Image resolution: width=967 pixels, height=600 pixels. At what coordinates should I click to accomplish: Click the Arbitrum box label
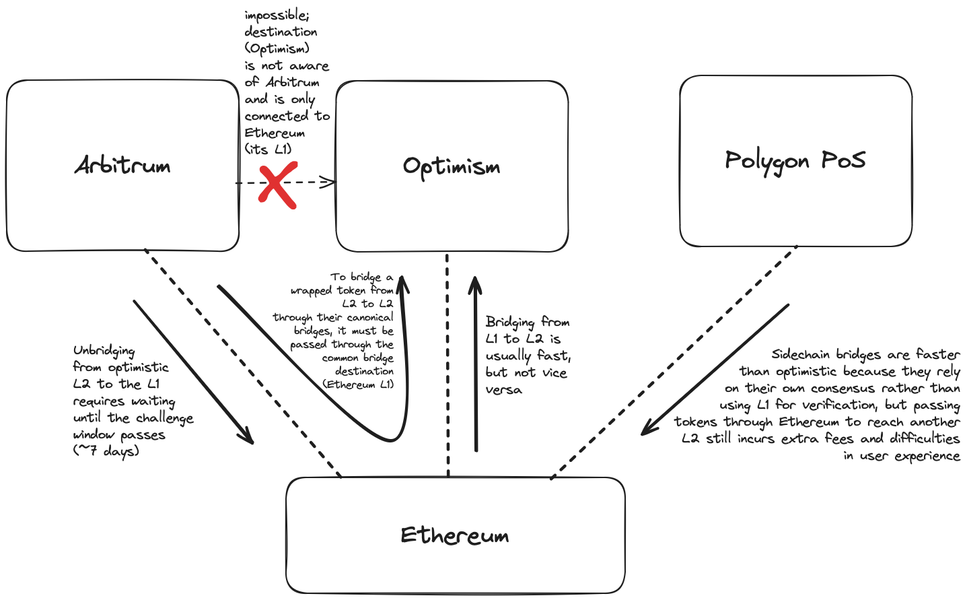point(122,166)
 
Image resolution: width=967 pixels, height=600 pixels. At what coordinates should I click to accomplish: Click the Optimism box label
point(452,167)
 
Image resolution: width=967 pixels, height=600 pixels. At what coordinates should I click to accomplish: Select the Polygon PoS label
point(795,161)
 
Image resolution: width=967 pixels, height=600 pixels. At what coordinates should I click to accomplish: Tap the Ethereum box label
point(455,535)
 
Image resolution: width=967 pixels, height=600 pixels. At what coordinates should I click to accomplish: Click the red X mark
point(277,184)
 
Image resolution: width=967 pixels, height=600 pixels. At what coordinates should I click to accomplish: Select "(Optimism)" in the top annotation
point(277,48)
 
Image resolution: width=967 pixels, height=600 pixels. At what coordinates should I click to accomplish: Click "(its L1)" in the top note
point(268,149)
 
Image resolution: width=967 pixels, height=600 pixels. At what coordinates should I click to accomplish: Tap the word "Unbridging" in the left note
point(104,351)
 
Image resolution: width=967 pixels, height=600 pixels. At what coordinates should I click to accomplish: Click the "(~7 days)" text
point(106,451)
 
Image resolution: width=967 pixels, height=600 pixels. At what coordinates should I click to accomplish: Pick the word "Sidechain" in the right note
point(801,354)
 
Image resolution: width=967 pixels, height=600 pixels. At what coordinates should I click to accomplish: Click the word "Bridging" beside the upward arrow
point(510,322)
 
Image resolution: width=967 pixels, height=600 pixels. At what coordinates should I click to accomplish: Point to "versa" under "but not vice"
point(503,390)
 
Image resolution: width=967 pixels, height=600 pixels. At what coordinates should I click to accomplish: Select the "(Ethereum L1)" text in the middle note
point(358,385)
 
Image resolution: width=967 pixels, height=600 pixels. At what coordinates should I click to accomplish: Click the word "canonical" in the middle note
point(370,317)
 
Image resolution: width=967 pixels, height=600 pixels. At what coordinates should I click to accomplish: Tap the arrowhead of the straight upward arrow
point(475,281)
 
